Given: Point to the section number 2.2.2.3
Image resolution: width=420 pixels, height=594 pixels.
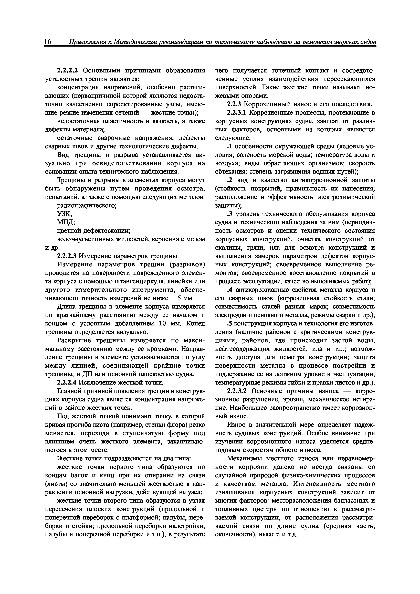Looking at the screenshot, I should tap(67, 256).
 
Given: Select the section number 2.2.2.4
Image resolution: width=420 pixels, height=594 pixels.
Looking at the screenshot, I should tap(67, 383).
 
